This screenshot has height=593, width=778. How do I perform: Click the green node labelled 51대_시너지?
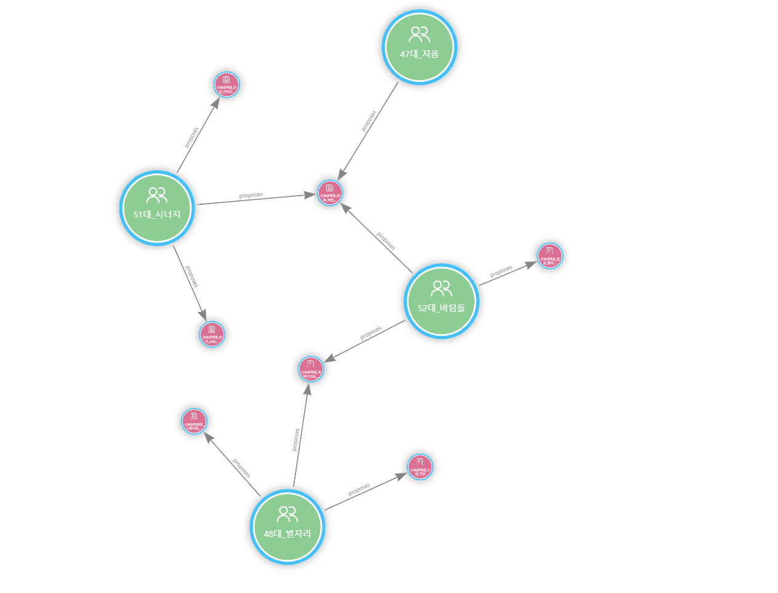click(x=157, y=208)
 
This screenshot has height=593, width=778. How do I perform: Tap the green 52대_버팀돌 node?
click(x=441, y=301)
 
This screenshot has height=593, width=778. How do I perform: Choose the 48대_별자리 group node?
click(x=287, y=527)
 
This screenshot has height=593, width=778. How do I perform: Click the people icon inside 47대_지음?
click(x=419, y=34)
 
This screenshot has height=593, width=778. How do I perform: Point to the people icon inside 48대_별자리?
click(x=287, y=514)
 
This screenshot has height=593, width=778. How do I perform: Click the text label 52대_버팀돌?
click(x=441, y=308)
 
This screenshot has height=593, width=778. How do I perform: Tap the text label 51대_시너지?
click(x=157, y=215)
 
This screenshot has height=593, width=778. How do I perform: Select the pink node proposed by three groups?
click(x=330, y=193)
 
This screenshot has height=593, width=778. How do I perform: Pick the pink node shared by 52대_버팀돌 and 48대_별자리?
click(x=311, y=369)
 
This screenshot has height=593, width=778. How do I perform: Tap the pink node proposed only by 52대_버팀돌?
click(x=550, y=255)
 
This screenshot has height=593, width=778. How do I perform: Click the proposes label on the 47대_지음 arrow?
click(x=368, y=121)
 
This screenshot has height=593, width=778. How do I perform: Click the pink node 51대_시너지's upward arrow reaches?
click(x=227, y=84)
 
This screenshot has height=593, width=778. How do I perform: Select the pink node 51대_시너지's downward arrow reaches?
click(x=212, y=334)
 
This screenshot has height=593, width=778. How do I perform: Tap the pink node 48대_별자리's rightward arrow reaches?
click(x=420, y=466)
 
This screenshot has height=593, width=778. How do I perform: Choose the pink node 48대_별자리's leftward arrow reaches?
click(x=194, y=421)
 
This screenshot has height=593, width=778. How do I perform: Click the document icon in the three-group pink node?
click(x=330, y=188)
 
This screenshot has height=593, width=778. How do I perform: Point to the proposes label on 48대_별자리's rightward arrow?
click(x=359, y=489)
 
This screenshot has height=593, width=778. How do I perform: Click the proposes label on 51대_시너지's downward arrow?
click(x=191, y=277)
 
